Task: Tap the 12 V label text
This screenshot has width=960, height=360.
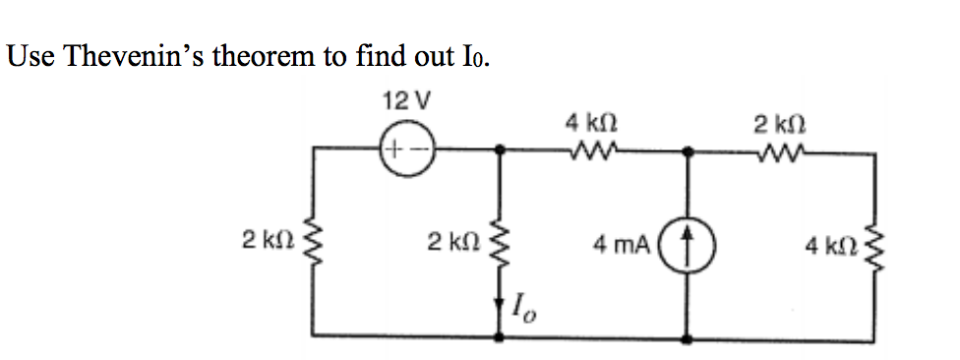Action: (x=398, y=101)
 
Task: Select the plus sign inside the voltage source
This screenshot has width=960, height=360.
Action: (x=392, y=151)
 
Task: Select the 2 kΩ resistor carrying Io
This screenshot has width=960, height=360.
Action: (x=502, y=242)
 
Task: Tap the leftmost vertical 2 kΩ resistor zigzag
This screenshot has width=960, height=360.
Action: (x=315, y=242)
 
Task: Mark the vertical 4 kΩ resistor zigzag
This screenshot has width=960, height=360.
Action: (x=875, y=242)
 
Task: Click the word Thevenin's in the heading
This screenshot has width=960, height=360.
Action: (x=156, y=56)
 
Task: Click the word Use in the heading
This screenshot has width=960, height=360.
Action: (x=30, y=56)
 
